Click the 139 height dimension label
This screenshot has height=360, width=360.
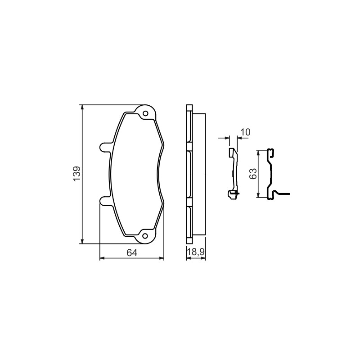click(x=76, y=173)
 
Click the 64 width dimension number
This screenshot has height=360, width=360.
click(x=132, y=253)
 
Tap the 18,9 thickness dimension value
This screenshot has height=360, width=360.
click(x=196, y=252)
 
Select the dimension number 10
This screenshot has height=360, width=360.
click(x=245, y=132)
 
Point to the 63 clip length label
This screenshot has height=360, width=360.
click(x=252, y=174)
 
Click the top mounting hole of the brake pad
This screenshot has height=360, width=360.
click(x=145, y=113)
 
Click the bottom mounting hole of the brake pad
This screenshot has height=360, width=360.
click(x=145, y=235)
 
